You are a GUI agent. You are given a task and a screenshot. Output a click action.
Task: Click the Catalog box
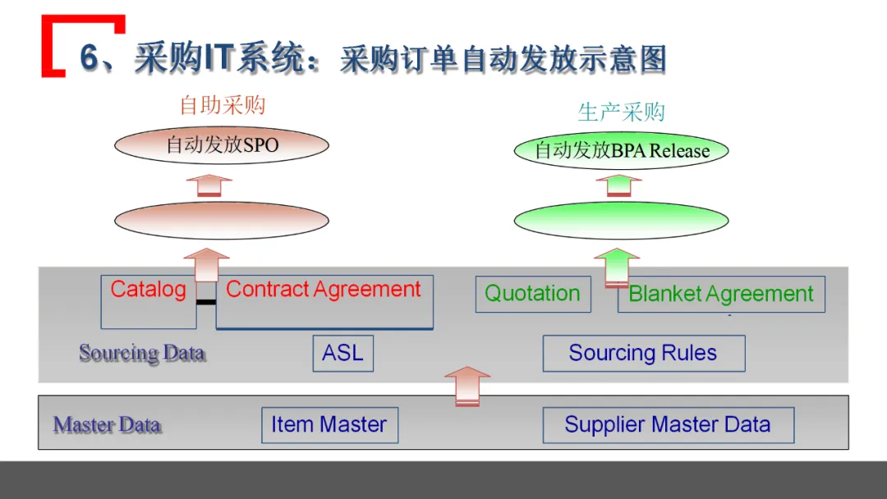coord(148,300)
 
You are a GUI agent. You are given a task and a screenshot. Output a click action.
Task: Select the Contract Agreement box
coord(324,300)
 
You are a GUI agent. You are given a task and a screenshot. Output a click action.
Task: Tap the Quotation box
coord(532,294)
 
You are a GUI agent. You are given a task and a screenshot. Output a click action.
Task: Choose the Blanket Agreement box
coord(720,294)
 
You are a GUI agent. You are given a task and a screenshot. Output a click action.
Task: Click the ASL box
coord(342,353)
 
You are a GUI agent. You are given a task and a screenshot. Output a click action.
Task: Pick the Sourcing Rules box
coord(643,353)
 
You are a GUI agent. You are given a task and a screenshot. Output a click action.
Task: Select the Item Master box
coord(329,425)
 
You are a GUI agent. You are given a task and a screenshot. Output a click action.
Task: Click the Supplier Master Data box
coord(668,425)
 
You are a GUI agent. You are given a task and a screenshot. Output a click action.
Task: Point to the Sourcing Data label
coord(141,353)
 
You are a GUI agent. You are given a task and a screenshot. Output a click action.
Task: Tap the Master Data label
coord(107,425)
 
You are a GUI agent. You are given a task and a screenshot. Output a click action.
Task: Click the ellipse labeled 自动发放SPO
coord(222,146)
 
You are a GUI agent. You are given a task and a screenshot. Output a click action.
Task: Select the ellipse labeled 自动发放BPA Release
coord(622,151)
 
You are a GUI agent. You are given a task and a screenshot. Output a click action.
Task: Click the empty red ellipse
coord(222,220)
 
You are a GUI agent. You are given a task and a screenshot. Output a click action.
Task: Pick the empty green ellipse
coord(622,220)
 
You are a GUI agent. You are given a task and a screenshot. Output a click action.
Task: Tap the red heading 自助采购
coord(223,106)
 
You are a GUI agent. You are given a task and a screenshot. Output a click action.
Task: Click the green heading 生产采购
coord(621,112)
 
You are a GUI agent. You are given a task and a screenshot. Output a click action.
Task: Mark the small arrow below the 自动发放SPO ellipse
coord(209,185)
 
